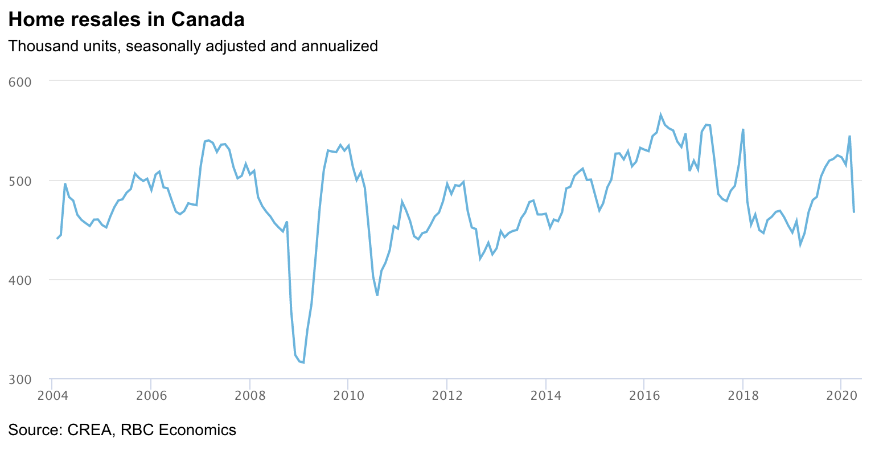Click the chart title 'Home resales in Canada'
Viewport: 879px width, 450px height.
coord(126,20)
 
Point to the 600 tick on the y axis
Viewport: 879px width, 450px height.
coord(20,82)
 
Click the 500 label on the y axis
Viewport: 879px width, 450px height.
coord(20,181)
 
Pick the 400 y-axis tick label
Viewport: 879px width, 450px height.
coord(20,280)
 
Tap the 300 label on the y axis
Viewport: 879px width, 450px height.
coord(20,379)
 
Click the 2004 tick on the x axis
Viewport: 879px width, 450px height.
coord(52,396)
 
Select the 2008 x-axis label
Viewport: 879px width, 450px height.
coord(249,396)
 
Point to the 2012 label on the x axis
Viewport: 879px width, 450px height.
coord(447,396)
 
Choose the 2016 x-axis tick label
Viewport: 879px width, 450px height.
coord(644,396)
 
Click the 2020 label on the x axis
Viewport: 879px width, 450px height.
coord(841,396)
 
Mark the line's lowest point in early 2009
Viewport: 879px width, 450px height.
coord(303,363)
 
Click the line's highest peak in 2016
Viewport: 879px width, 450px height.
coord(660,114)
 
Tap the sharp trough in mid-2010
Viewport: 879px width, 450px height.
coord(377,295)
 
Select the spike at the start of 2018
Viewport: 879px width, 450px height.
coord(743,129)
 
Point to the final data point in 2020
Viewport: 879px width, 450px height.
coord(854,212)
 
